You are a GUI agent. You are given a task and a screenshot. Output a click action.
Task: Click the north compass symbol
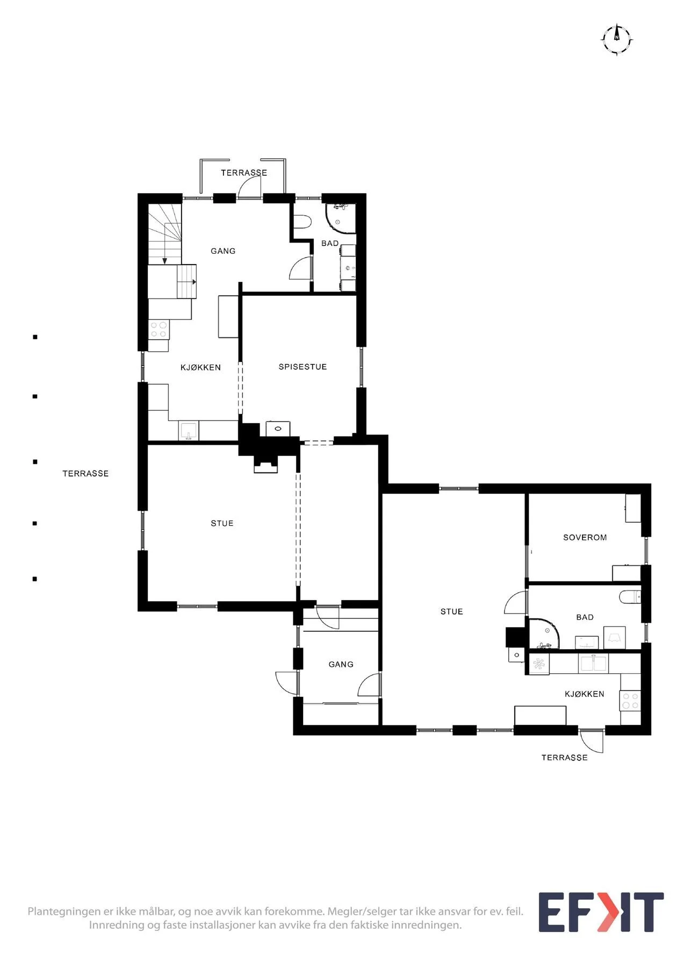pyautogui.click(x=616, y=39)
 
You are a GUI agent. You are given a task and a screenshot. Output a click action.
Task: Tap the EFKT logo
pyautogui.click(x=601, y=912)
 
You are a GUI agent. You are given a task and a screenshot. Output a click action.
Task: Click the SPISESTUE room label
pyautogui.click(x=303, y=367)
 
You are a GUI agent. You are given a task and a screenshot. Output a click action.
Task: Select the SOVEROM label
pyautogui.click(x=585, y=537)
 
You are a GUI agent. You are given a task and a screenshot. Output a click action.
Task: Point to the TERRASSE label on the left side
pyautogui.click(x=85, y=473)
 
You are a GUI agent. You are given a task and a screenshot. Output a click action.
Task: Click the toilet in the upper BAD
pyautogui.click(x=303, y=222)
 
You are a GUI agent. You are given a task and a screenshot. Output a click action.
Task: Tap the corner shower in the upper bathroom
pyautogui.click(x=341, y=218)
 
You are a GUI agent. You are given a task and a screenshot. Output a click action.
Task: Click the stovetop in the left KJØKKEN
pyautogui.click(x=159, y=329)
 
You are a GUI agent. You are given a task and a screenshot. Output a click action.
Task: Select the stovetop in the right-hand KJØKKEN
pyautogui.click(x=630, y=701)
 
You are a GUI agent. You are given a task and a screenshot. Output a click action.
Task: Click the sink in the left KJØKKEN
pyautogui.click(x=189, y=431)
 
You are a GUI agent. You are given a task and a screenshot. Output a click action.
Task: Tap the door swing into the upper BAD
pyautogui.click(x=301, y=268)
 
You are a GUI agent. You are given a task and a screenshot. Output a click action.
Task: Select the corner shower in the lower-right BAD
pyautogui.click(x=544, y=634)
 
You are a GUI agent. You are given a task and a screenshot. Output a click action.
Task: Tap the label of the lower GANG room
pyautogui.click(x=341, y=665)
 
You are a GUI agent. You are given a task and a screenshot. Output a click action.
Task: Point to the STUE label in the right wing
pyautogui.click(x=451, y=611)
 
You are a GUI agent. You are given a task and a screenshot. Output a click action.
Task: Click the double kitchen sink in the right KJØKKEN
pyautogui.click(x=593, y=664)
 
